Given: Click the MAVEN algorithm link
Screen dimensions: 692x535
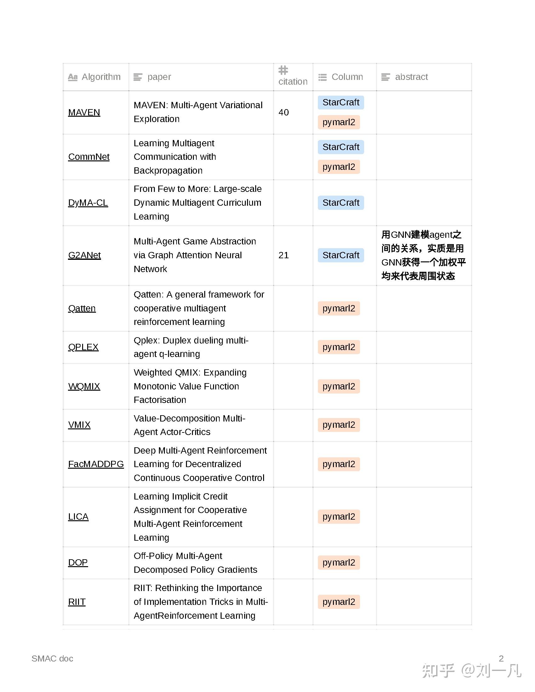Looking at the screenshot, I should point(84,113).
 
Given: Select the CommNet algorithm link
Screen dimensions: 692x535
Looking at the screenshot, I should point(89,157).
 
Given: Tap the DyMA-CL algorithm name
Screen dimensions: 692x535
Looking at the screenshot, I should point(88,203).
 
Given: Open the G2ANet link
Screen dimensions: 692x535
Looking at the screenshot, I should point(84,255).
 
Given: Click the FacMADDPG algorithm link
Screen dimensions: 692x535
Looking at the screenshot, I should point(96,464).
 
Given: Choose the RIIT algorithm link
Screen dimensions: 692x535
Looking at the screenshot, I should point(77,602).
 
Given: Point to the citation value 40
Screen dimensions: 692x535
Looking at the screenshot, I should point(283,113).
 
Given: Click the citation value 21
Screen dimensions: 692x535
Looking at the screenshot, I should point(283,255).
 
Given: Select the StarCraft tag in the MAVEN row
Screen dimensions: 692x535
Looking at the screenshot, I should point(341,102).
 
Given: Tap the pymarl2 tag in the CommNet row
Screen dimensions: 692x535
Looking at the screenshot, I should point(339,167).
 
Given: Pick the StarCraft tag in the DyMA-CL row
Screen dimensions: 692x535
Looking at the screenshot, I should point(341,203).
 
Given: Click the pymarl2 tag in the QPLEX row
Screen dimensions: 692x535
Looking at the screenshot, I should point(339,347).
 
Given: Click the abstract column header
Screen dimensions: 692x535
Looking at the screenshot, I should point(411,77).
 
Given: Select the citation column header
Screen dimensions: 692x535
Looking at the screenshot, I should point(293,81).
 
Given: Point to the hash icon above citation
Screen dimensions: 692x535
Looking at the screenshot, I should point(283,70).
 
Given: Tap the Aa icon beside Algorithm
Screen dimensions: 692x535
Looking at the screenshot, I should point(73,77).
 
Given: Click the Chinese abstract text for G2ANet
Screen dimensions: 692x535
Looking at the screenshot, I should point(423,255).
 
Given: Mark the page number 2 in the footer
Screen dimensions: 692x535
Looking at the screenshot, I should point(501,658).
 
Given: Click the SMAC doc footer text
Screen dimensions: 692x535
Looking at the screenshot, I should point(52,659).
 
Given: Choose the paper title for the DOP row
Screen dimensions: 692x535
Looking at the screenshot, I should point(195,563).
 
